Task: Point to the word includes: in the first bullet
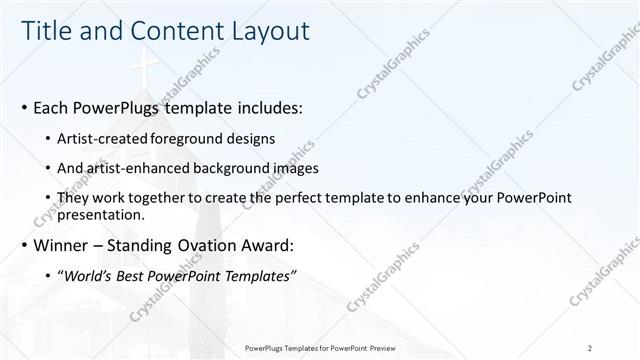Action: [x=266, y=107]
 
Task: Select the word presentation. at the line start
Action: [x=103, y=214]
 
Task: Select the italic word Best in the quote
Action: [x=133, y=276]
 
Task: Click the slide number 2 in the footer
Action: [x=590, y=347]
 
